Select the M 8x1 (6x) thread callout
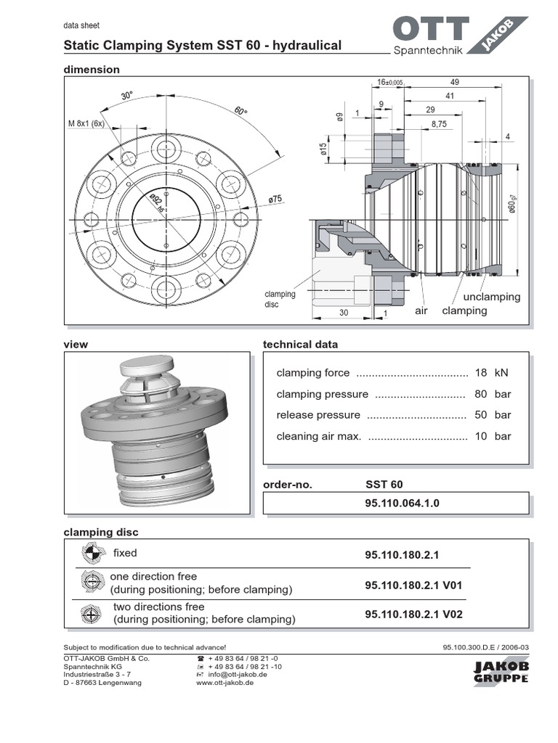(x=86, y=123)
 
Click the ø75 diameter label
(x=275, y=198)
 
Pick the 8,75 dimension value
(x=439, y=124)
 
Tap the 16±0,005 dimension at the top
(x=389, y=83)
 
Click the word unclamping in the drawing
(x=492, y=297)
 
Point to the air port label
(x=421, y=311)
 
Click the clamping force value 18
(x=480, y=373)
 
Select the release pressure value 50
(x=480, y=415)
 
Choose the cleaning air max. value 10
(x=480, y=436)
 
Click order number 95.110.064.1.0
(x=402, y=503)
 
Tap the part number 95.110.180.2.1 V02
(x=413, y=614)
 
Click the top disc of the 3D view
(x=146, y=366)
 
